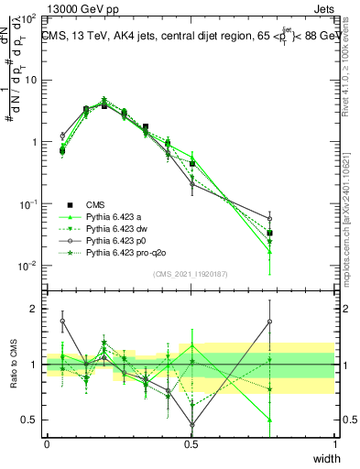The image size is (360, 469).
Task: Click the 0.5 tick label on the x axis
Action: pyautogui.click(x=191, y=443)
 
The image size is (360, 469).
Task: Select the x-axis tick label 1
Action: pyautogui.click(x=335, y=443)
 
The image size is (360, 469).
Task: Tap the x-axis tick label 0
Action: pyautogui.click(x=47, y=443)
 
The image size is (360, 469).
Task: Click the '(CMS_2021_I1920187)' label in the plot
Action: pyautogui.click(x=191, y=273)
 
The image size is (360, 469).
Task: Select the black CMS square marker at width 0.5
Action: pyautogui.click(x=192, y=164)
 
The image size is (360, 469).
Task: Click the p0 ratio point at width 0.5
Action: pyautogui.click(x=192, y=424)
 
